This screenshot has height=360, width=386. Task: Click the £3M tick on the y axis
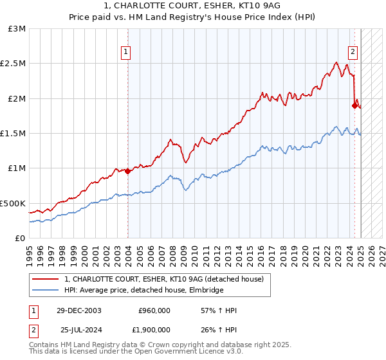pyautogui.click(x=17, y=29)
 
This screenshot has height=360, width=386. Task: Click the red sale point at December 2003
pyautogui.click(x=128, y=171)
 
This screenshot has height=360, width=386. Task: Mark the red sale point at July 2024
pyautogui.click(x=354, y=105)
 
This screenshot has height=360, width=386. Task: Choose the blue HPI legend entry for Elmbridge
pyautogui.click(x=143, y=291)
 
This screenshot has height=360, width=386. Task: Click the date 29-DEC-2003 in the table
pyautogui.click(x=82, y=310)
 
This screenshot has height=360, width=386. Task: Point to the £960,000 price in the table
pyautogui.click(x=154, y=310)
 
